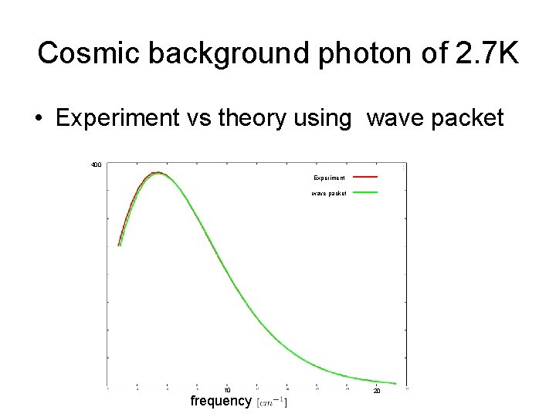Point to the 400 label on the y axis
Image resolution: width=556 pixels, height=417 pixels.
click(96, 164)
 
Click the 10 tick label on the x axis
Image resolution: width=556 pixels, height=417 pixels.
click(227, 390)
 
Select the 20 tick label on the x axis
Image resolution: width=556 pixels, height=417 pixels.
click(377, 391)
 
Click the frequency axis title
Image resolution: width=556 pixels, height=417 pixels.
click(221, 401)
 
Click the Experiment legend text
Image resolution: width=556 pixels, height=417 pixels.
click(329, 178)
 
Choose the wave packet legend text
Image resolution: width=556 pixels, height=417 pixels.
click(329, 193)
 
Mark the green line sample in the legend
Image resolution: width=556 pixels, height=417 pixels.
click(365, 192)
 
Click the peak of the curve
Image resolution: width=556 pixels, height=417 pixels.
click(157, 173)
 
